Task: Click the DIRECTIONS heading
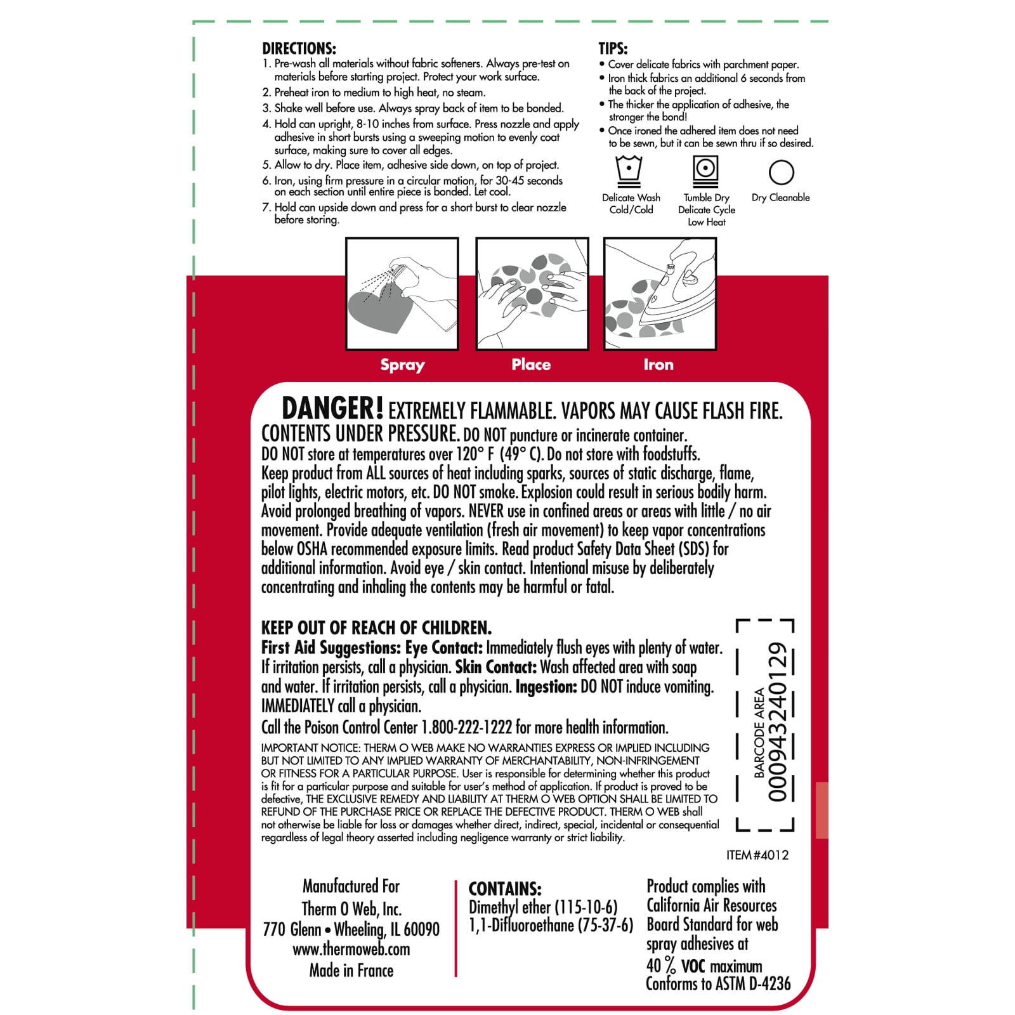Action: (x=299, y=48)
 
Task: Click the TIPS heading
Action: (x=613, y=48)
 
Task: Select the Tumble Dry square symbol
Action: (x=705, y=171)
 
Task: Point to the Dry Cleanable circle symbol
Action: (x=781, y=172)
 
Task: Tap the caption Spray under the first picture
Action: (x=402, y=365)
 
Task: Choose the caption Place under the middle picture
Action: (x=531, y=364)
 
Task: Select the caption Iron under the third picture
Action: (x=658, y=364)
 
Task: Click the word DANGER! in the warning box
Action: (x=332, y=409)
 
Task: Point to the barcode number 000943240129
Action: (x=778, y=723)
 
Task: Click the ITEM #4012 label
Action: (x=757, y=855)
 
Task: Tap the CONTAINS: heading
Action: (x=505, y=889)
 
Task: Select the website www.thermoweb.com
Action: (x=351, y=950)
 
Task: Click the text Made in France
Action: (x=351, y=971)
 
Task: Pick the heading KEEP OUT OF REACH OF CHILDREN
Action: (x=376, y=628)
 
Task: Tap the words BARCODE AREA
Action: (x=759, y=733)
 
